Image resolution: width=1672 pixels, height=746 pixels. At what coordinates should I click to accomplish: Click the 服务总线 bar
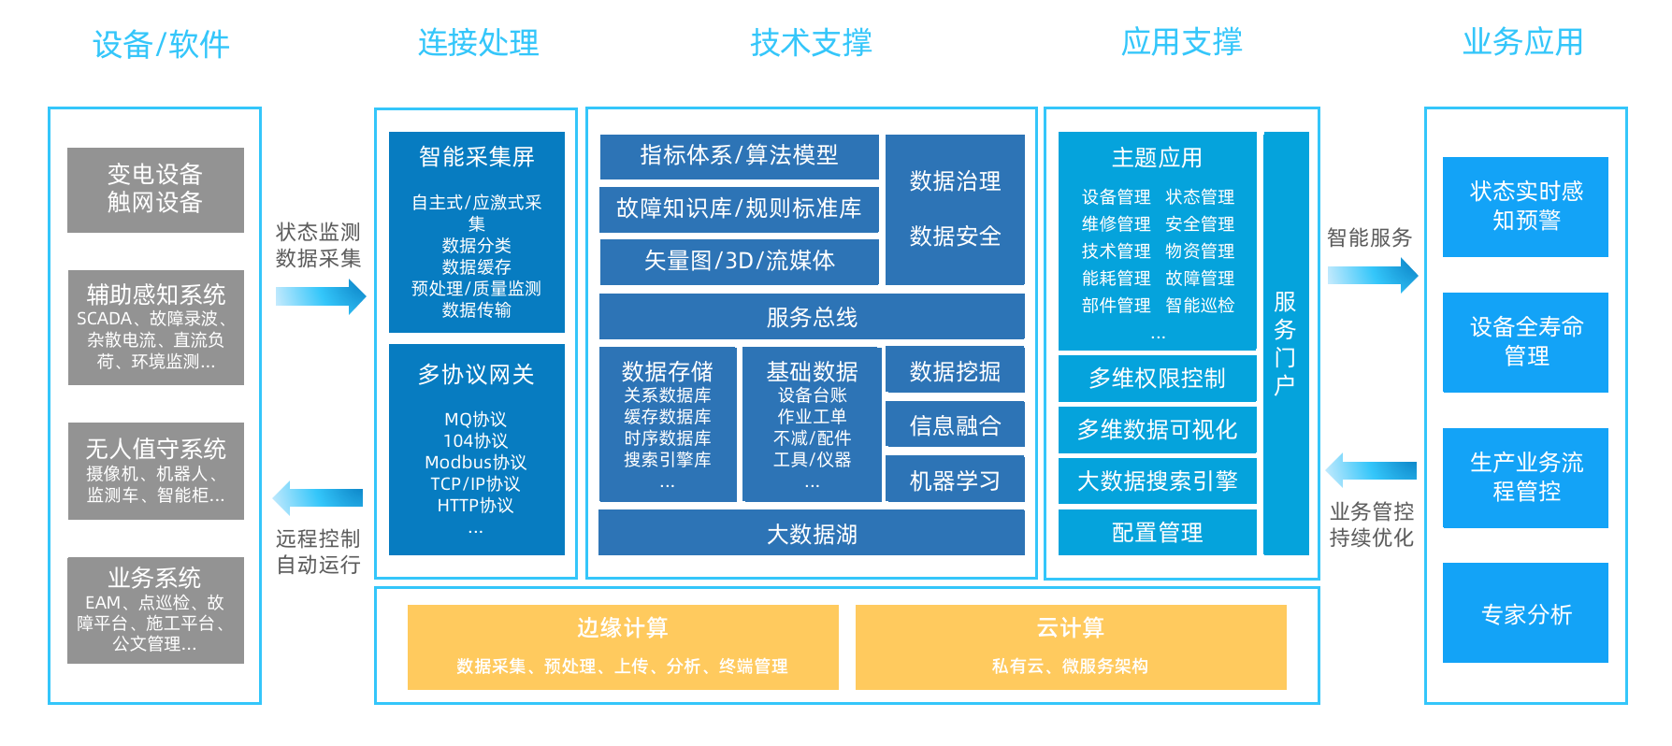tap(811, 317)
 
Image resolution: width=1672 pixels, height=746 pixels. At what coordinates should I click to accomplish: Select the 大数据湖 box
tap(811, 534)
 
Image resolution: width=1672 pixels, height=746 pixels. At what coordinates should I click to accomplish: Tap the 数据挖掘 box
tap(955, 371)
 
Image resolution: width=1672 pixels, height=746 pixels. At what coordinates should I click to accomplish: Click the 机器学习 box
tap(955, 481)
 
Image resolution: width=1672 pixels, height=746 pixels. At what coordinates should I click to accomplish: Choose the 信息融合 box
tap(955, 426)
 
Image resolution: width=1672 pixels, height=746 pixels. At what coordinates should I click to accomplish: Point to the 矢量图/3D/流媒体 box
tap(739, 261)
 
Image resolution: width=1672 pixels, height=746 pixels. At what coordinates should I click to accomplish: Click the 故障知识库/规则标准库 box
tap(739, 208)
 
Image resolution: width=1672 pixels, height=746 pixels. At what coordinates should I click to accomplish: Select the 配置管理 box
tap(1157, 532)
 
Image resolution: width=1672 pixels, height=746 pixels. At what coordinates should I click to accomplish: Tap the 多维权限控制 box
tap(1157, 378)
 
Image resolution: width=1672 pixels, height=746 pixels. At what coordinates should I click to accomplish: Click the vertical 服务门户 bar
tap(1286, 343)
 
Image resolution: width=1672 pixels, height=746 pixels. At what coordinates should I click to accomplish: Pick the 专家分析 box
tap(1525, 613)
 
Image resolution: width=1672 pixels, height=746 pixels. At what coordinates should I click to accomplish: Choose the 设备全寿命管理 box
tap(1525, 342)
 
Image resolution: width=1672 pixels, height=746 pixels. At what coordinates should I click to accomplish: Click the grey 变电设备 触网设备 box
tap(155, 189)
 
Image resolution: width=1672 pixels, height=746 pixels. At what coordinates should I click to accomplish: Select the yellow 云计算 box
tap(1071, 647)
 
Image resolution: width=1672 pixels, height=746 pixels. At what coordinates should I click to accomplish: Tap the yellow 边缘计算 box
tap(623, 647)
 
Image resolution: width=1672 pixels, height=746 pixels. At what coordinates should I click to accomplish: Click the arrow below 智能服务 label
tap(1372, 275)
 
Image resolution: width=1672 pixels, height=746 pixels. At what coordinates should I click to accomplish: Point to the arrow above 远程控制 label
tap(318, 497)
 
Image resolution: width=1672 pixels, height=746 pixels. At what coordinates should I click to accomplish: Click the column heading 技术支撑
tap(811, 42)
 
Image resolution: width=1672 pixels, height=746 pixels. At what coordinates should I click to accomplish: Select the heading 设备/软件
tap(161, 44)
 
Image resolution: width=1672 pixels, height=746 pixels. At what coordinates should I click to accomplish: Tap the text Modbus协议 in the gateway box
tap(475, 463)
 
